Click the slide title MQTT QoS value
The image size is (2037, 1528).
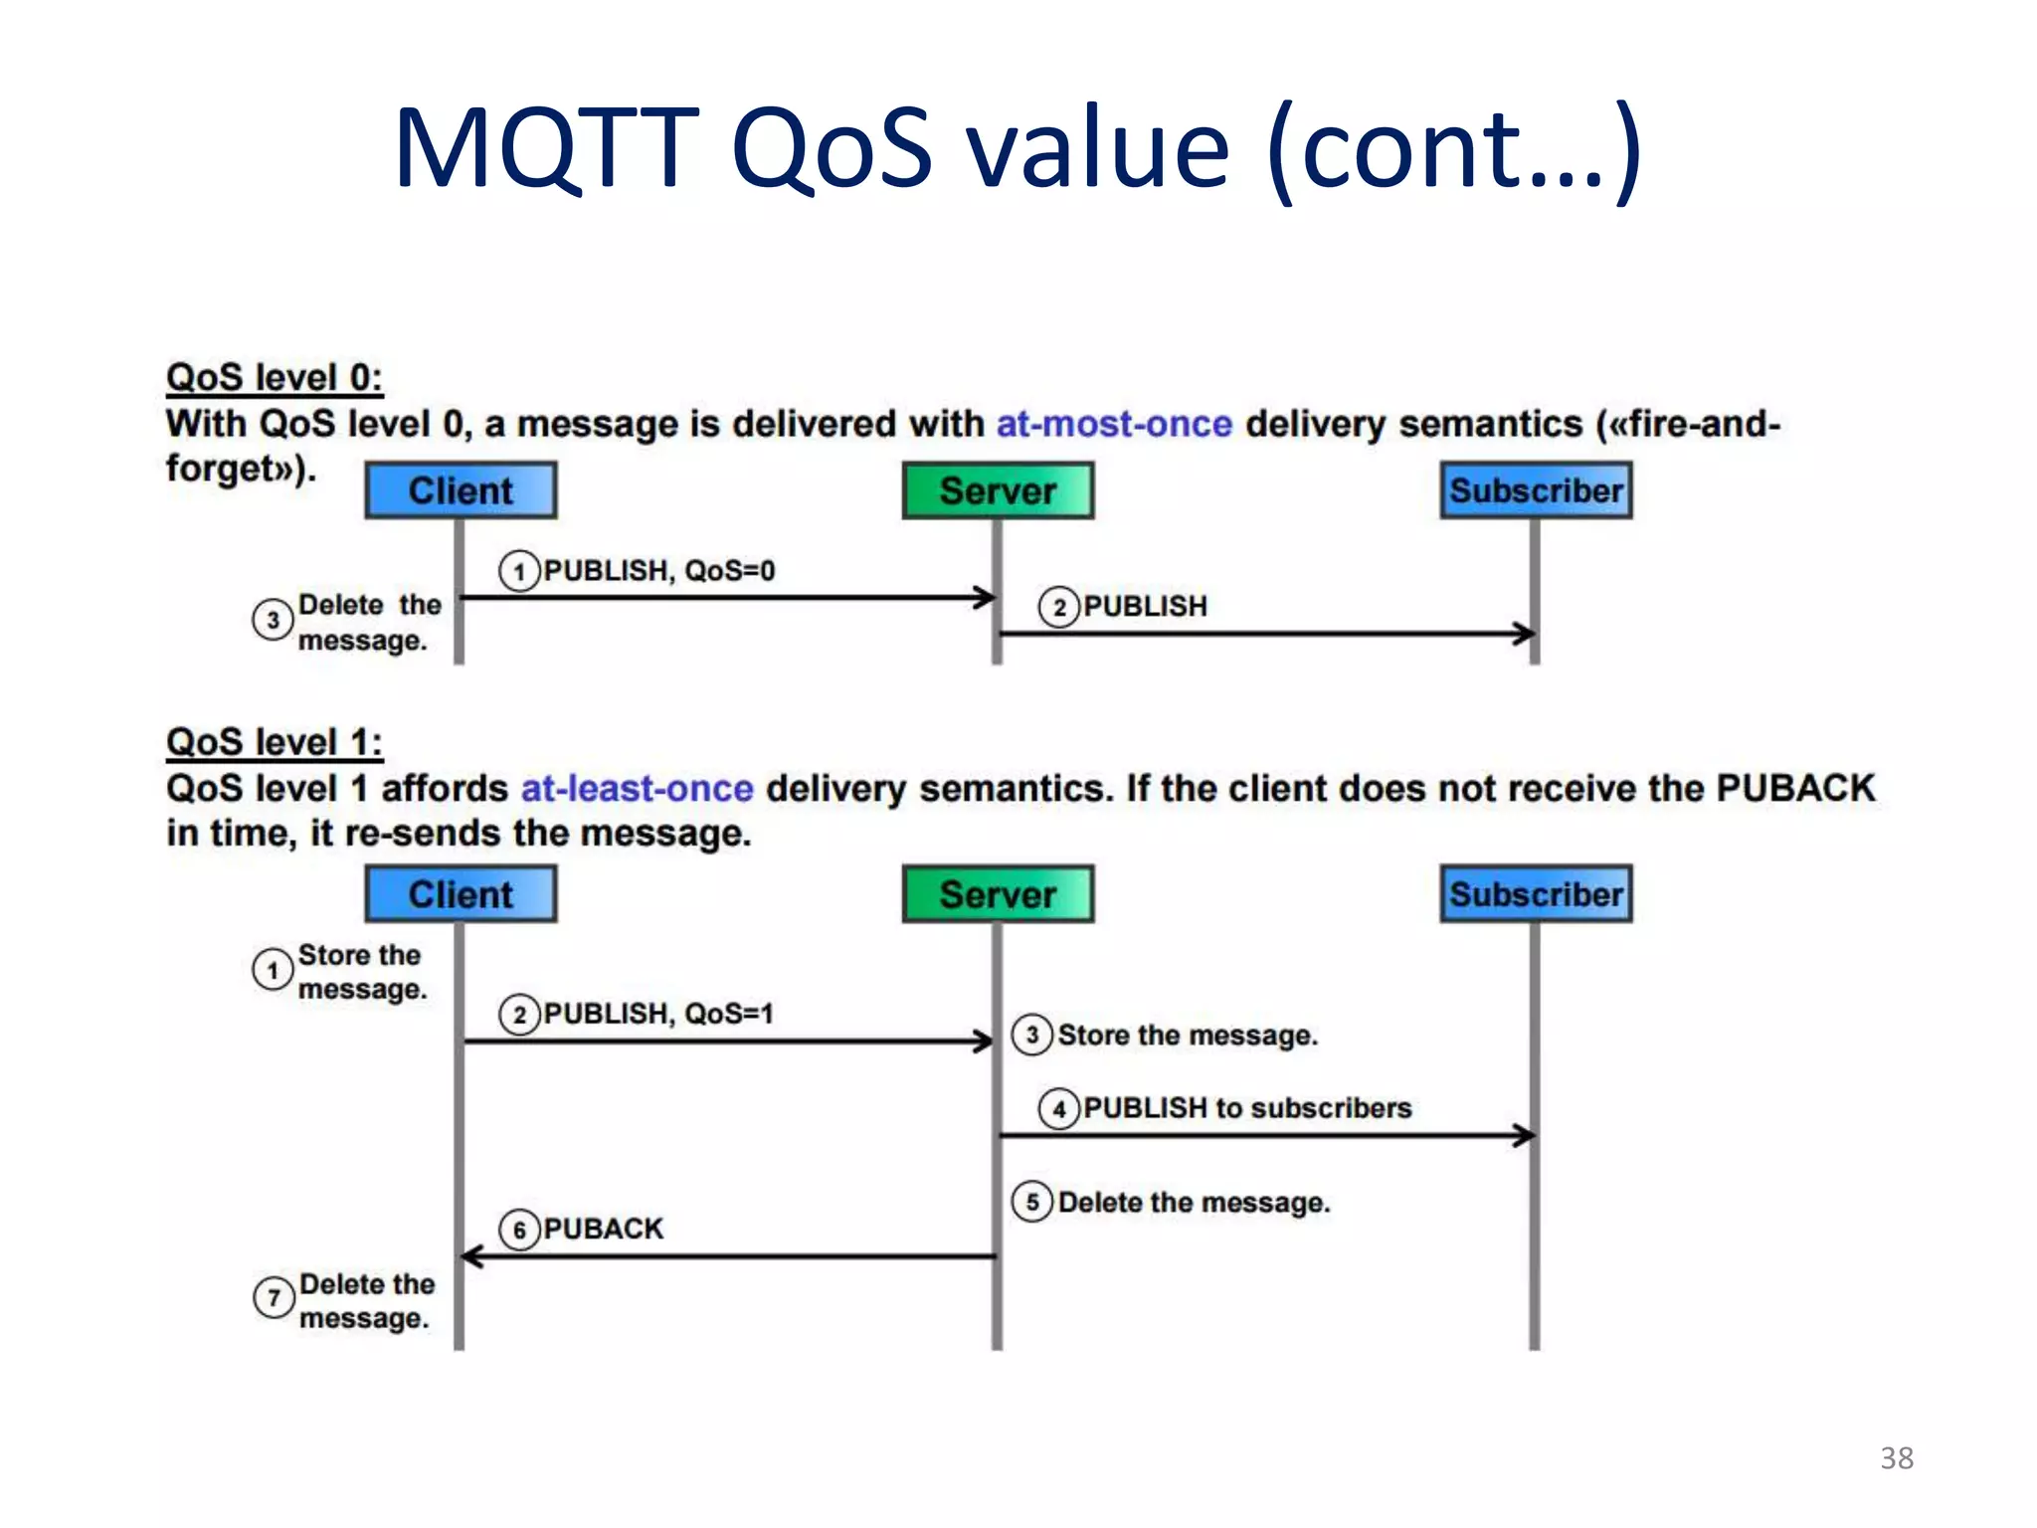click(x=1017, y=149)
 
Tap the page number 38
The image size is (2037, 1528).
click(x=1896, y=1457)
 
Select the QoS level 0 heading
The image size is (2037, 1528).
click(x=275, y=377)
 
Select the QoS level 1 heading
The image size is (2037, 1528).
click(x=275, y=742)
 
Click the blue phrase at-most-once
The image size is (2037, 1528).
click(x=1114, y=424)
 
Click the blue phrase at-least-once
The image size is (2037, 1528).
click(x=637, y=789)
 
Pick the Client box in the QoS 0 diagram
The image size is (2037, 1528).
click(x=461, y=490)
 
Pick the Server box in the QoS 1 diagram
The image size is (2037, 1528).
click(x=998, y=894)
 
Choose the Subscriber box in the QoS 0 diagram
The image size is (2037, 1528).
click(x=1536, y=490)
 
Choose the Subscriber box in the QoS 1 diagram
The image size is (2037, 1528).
click(x=1536, y=894)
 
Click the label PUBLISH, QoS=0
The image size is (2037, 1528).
click(x=658, y=571)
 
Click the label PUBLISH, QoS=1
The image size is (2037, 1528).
click(x=657, y=1014)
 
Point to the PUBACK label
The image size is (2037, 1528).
click(x=603, y=1230)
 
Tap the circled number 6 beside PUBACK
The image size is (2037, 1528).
click(x=519, y=1231)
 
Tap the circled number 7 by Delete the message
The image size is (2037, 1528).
click(x=274, y=1298)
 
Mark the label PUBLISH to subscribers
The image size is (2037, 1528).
click(x=1247, y=1108)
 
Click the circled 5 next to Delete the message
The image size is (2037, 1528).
click(x=1032, y=1202)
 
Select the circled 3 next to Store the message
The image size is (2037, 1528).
click(x=1032, y=1035)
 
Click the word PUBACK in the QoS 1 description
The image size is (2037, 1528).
click(x=1795, y=789)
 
